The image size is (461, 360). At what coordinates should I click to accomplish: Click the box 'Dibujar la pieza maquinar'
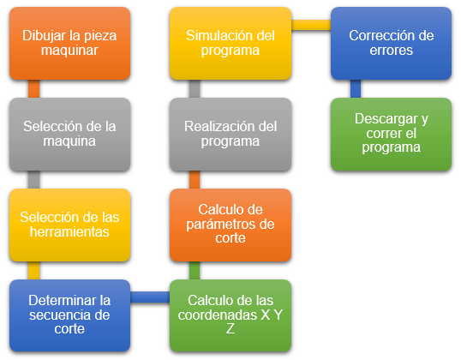(x=69, y=44)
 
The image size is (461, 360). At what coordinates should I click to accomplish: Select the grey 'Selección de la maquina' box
(x=69, y=135)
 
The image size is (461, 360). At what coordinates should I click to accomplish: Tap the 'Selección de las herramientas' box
(x=69, y=225)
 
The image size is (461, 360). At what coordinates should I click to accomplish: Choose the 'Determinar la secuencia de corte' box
(x=69, y=315)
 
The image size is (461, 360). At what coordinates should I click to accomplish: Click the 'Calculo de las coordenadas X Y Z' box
(x=230, y=315)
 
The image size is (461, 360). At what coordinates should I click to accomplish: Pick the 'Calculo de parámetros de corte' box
(x=230, y=225)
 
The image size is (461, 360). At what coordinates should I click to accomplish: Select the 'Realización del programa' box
(x=230, y=135)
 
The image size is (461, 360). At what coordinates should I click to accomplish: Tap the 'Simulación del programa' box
(x=230, y=44)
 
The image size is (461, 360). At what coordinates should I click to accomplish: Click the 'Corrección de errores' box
(x=391, y=44)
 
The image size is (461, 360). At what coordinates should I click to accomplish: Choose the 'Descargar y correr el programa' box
(x=391, y=135)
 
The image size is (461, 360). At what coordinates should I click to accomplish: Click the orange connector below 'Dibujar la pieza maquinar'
(x=33, y=89)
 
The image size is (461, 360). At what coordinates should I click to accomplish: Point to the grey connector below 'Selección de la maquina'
(x=33, y=180)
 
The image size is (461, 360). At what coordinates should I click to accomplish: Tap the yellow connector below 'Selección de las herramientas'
(x=33, y=270)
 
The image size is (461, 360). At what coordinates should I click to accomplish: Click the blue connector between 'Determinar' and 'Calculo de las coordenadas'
(x=150, y=297)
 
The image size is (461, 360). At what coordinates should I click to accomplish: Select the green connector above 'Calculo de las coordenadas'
(x=195, y=270)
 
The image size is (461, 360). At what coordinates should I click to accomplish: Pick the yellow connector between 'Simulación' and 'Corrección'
(x=311, y=25)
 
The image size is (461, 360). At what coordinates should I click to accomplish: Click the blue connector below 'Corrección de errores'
(x=356, y=89)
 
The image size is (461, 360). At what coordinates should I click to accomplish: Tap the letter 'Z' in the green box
(x=230, y=328)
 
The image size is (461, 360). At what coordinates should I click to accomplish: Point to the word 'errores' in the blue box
(x=391, y=51)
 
